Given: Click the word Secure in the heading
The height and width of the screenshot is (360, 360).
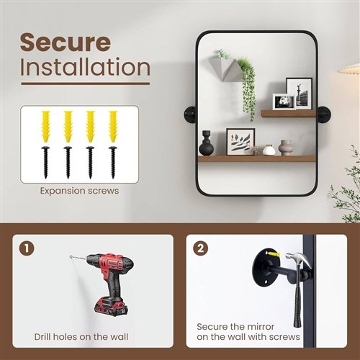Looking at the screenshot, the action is [66, 42].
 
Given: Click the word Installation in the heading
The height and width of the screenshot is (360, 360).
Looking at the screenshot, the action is [85, 67].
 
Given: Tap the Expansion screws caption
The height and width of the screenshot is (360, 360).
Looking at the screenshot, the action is [79, 191].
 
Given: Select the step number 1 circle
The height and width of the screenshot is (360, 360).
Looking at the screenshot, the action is [27, 248].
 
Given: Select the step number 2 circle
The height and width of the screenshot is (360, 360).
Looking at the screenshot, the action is [201, 248].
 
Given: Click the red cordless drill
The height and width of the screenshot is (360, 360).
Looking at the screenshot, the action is [106, 283].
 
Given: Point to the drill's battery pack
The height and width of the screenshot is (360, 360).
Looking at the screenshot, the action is [111, 307].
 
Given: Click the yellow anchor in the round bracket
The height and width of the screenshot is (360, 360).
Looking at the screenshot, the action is [274, 253].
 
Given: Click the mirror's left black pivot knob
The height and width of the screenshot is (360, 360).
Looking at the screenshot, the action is [190, 115].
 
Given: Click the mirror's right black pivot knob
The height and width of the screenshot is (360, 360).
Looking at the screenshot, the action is [324, 115].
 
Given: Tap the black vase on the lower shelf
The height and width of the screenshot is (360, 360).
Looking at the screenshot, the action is [206, 143].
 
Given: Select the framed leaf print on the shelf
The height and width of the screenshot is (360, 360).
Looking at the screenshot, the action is [240, 142].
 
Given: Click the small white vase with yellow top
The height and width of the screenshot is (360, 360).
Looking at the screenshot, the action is [269, 150].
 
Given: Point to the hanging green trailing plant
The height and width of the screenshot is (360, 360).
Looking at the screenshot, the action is [247, 89].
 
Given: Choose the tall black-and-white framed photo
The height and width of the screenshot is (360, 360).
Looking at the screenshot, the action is [300, 94].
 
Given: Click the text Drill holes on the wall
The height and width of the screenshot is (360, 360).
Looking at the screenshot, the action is [81, 337].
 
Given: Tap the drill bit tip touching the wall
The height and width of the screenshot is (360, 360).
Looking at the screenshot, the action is [71, 257].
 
